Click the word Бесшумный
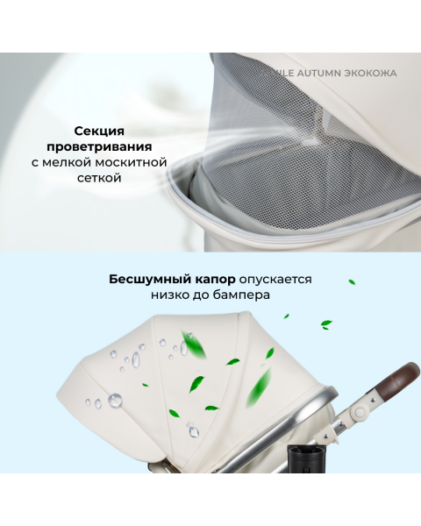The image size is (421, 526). pyautogui.click(x=140, y=279)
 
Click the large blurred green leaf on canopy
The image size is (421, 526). pyautogui.click(x=195, y=344)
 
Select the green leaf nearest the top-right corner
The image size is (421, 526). pyautogui.click(x=352, y=282)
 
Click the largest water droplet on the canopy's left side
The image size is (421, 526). pyautogui.click(x=115, y=401)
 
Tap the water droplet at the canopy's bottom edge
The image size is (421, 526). pyautogui.click(x=192, y=430)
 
